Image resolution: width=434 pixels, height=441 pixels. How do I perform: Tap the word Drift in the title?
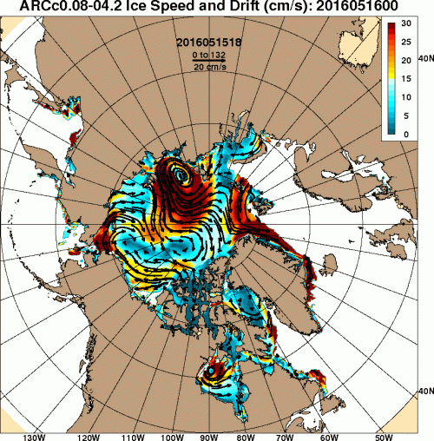(239, 8)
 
